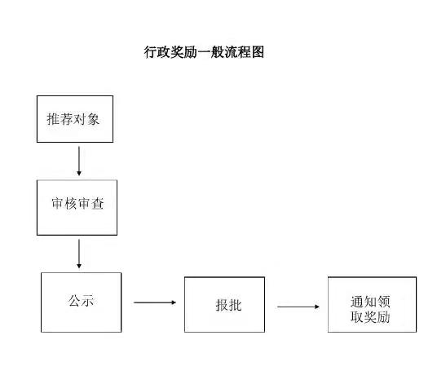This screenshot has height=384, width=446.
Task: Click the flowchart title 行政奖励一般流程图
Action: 204,52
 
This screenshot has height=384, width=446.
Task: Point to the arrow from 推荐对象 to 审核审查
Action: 79,161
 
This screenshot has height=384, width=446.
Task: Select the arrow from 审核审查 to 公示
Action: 79,254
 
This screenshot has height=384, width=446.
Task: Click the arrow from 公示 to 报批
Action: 155,302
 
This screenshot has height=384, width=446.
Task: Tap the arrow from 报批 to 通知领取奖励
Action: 298,307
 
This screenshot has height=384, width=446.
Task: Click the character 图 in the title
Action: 258,52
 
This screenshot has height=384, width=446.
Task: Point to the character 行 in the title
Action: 150,52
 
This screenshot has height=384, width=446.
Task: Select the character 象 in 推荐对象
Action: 93,119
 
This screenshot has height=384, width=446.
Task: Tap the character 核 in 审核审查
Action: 71,203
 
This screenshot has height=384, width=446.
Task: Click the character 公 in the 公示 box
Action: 74,301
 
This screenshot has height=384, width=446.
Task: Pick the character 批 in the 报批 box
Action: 235,305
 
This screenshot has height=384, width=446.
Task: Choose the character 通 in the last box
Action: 357,302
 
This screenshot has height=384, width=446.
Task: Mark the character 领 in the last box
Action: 384,302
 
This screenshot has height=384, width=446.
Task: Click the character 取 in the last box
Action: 357,316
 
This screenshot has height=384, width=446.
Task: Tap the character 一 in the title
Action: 204,52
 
